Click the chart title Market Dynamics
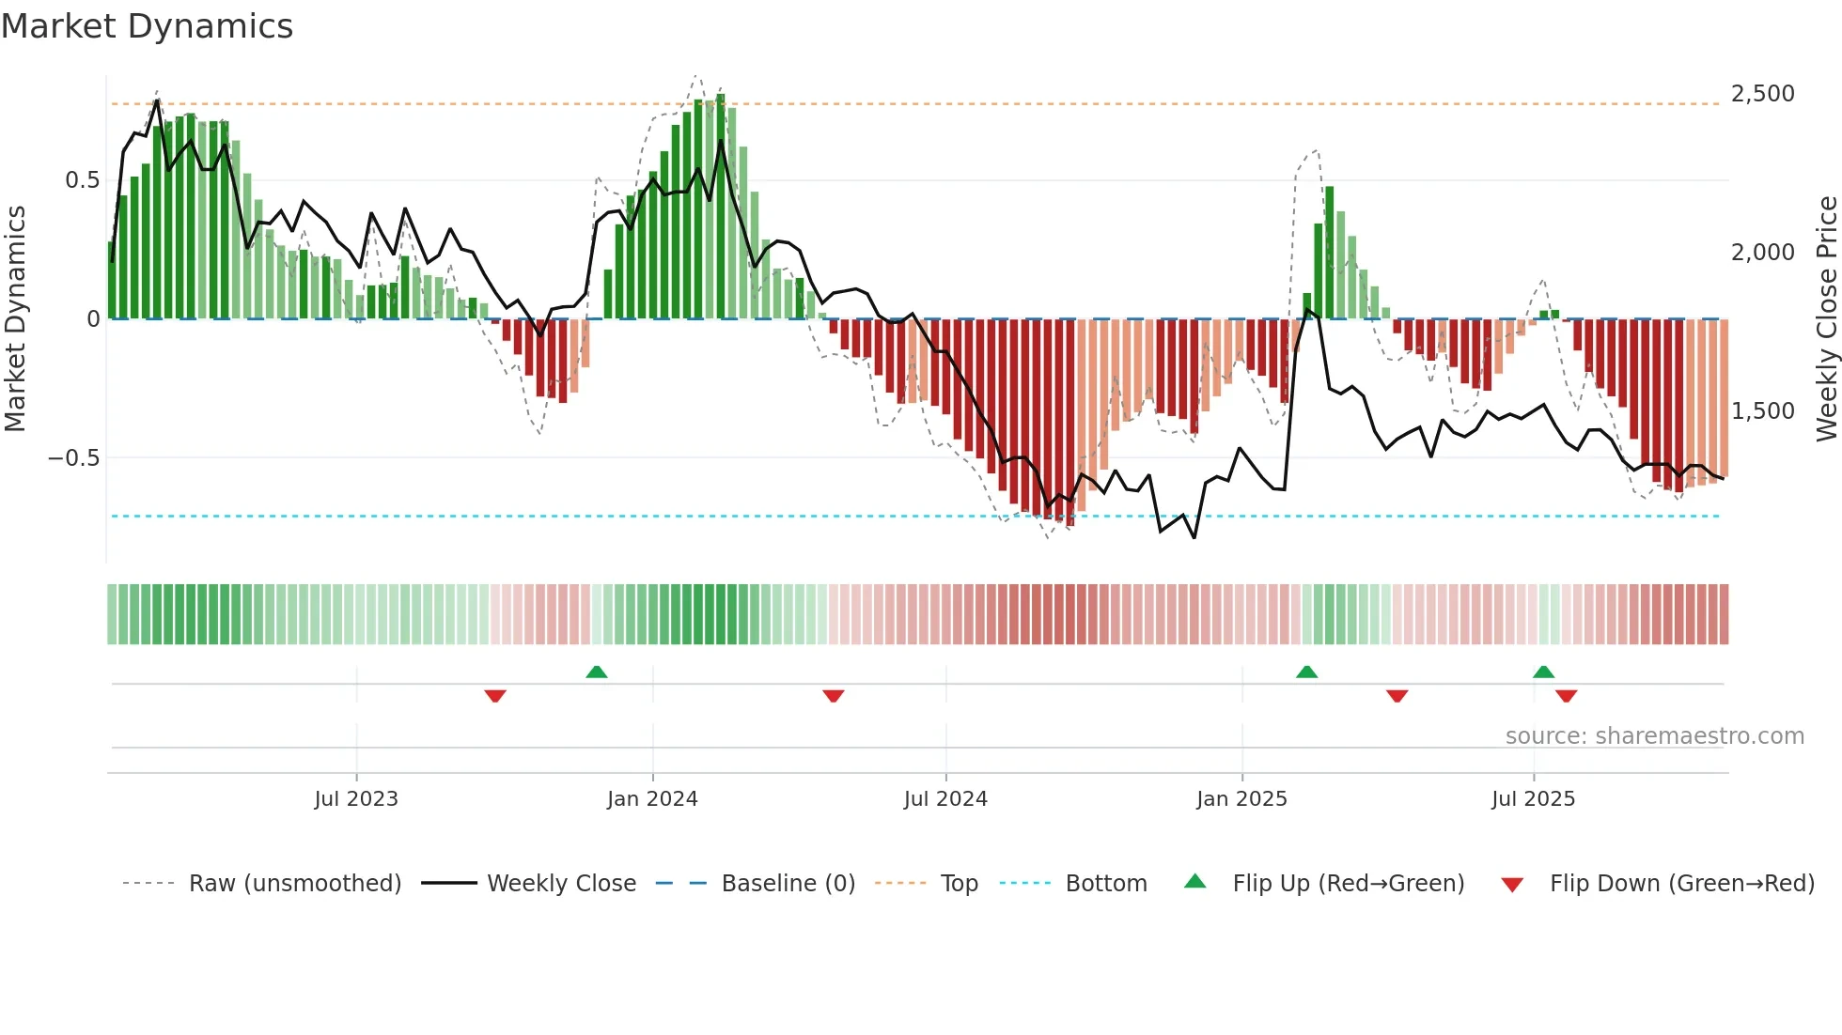[147, 26]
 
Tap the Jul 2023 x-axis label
[356, 799]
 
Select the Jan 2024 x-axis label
[652, 799]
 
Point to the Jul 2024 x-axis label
[945, 799]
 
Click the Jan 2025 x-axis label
[1241, 799]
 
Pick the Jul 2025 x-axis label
[1533, 799]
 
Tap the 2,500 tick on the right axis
[1762, 94]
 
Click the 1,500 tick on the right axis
[1762, 411]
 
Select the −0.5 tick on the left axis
[73, 458]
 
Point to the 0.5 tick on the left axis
[82, 180]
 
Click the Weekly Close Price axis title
[1826, 318]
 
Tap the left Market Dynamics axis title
[15, 318]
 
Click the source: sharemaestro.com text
[1654, 736]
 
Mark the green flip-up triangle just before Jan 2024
[596, 672]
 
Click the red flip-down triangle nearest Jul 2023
[495, 696]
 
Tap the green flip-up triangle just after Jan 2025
[1306, 672]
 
